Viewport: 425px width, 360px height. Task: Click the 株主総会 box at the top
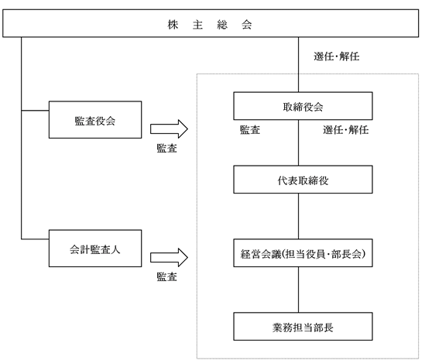tap(211, 23)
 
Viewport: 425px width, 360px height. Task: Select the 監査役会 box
tap(95, 120)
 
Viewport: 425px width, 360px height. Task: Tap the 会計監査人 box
tap(95, 249)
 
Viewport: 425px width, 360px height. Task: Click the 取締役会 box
tap(303, 106)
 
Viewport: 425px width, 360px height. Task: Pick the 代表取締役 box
tap(303, 180)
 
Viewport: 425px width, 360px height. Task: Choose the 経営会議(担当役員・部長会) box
tap(303, 253)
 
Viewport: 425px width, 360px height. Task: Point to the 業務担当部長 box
tap(303, 327)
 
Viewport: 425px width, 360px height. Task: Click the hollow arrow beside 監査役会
tap(169, 129)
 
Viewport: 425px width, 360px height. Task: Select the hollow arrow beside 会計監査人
tap(169, 258)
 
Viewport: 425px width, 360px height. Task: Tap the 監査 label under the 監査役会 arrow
tap(167, 149)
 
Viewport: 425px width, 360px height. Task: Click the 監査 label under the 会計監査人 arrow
tap(167, 277)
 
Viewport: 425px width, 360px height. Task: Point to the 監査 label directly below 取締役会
tap(250, 130)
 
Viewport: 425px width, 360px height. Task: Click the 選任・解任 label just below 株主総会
tap(337, 57)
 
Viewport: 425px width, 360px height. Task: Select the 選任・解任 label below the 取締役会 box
tap(345, 130)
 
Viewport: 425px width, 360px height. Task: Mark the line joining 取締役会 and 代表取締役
tap(298, 143)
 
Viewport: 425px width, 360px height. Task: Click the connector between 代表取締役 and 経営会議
tap(298, 216)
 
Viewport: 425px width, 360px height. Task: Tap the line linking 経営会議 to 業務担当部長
tap(298, 290)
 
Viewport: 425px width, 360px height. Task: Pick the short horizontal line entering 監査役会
tap(35, 111)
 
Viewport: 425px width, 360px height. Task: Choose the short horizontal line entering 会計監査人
tap(35, 239)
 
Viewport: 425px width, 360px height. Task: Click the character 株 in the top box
tap(173, 25)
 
